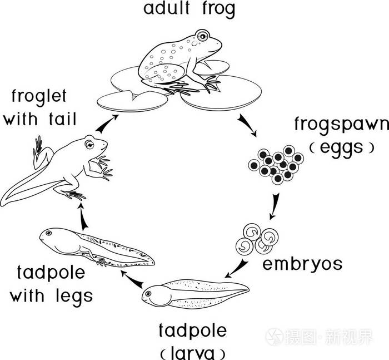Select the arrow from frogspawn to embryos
click(x=274, y=205)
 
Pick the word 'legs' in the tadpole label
click(x=70, y=294)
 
